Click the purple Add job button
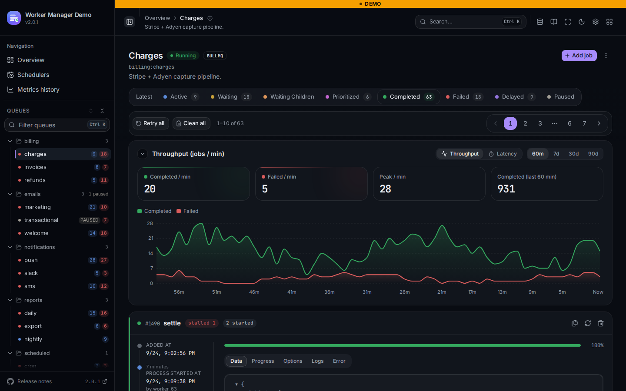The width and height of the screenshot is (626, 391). tap(579, 56)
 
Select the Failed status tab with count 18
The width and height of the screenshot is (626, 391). tap(464, 97)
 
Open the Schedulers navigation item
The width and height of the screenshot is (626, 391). tap(33, 75)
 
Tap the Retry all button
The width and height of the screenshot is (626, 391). tap(150, 123)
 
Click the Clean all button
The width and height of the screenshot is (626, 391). tap(191, 123)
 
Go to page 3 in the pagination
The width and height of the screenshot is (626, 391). tap(540, 123)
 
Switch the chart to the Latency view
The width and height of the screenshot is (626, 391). tap(503, 154)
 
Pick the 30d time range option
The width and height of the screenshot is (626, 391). tap(573, 154)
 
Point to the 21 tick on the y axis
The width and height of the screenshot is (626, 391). tap(150, 238)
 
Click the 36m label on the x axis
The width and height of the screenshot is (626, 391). tap(329, 292)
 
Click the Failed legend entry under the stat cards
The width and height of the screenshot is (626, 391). tap(187, 211)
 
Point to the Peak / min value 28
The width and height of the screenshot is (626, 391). tap(385, 189)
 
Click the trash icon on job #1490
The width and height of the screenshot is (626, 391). tap(601, 323)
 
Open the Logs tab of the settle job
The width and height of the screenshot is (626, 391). tap(317, 361)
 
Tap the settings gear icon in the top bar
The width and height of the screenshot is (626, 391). tap(595, 22)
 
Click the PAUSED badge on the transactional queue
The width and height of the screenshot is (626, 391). tap(89, 220)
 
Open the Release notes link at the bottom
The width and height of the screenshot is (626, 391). tap(35, 381)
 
